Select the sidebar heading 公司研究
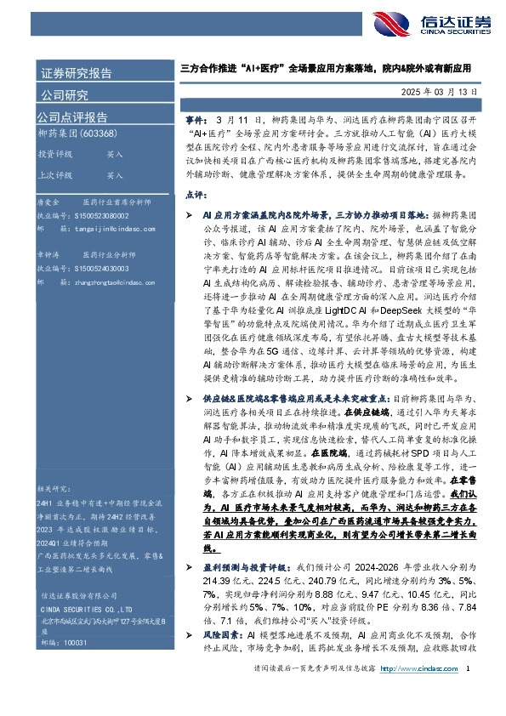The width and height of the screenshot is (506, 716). tap(65, 94)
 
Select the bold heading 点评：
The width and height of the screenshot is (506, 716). tap(194, 195)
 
